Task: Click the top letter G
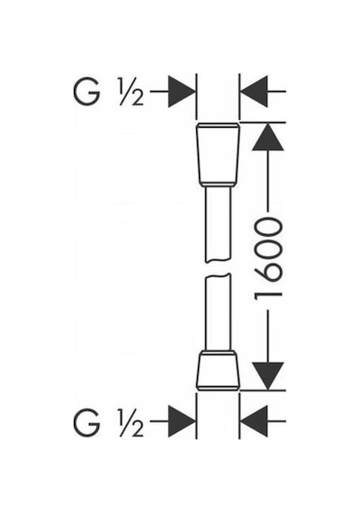click(x=85, y=92)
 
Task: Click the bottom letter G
click(x=85, y=422)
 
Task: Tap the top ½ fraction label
click(x=132, y=93)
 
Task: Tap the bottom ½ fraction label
click(x=132, y=423)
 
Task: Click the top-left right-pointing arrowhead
click(x=181, y=92)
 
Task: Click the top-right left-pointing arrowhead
click(x=254, y=92)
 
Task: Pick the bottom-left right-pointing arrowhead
click(x=181, y=421)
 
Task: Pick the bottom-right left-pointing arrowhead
click(x=254, y=421)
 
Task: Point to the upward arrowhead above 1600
click(x=267, y=137)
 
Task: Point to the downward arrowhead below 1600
click(x=267, y=376)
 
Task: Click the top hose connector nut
click(x=218, y=155)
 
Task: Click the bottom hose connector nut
click(x=218, y=371)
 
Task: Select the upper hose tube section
click(x=218, y=224)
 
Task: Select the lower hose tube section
click(x=218, y=312)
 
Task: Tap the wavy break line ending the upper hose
click(x=218, y=260)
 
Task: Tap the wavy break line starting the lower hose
click(x=218, y=276)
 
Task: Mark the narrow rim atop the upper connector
click(x=218, y=125)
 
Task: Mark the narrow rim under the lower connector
click(x=218, y=388)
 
